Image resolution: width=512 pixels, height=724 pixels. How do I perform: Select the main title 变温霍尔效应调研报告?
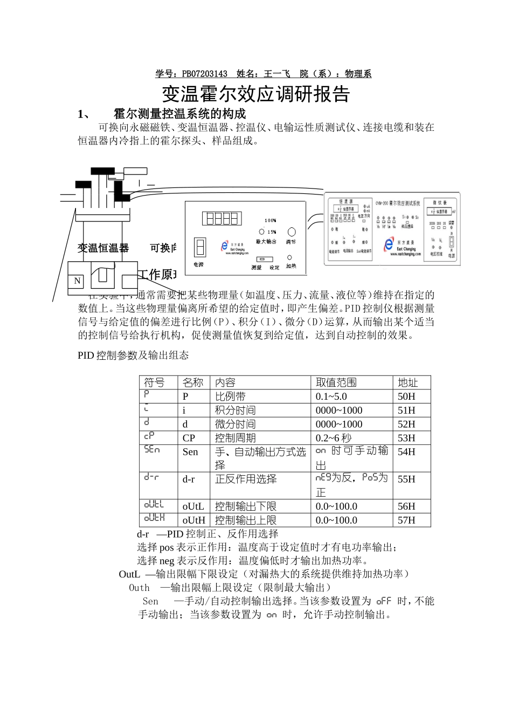256,94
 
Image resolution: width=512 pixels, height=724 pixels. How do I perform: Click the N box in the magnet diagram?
77,281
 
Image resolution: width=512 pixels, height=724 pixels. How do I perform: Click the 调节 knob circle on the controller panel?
292,232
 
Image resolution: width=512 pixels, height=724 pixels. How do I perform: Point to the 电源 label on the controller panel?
199,264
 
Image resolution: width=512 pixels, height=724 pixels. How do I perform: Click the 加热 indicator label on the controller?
291,266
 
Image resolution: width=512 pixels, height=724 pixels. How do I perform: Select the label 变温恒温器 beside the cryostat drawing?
103,248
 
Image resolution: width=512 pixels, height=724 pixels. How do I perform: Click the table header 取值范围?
336,382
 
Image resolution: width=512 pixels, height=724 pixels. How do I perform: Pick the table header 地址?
407,382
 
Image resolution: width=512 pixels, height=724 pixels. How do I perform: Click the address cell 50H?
406,396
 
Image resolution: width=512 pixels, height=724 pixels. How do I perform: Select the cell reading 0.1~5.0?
331,396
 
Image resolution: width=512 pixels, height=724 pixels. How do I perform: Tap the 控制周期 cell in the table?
235,438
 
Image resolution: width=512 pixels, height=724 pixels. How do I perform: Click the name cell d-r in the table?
189,479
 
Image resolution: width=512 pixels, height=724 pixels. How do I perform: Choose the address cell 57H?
406,520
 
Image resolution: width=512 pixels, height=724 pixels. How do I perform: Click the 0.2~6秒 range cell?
333,438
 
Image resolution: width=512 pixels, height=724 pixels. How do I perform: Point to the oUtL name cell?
193,506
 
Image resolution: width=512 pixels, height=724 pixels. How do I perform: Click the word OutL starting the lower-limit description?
129,574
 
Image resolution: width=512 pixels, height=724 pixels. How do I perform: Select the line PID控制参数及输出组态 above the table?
133,356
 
